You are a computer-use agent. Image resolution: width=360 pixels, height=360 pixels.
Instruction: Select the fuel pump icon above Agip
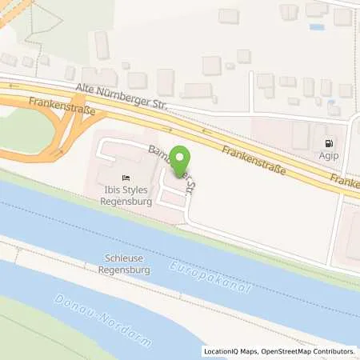pos(327,144)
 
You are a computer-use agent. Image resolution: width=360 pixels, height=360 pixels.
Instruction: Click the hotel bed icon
pos(125,177)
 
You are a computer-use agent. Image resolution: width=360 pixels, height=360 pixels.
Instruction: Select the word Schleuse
pos(126,259)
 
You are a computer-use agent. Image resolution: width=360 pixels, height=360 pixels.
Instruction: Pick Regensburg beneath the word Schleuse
pos(126,270)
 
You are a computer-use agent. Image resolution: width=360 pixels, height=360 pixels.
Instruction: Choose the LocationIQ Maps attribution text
pos(229,351)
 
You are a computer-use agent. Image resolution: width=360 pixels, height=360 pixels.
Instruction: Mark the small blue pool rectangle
pos(317,26)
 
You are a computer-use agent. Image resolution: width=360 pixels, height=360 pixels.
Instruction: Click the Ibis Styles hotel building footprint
pos(112,172)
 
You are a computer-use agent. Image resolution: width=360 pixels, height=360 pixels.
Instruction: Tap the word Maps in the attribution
pos(243,351)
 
